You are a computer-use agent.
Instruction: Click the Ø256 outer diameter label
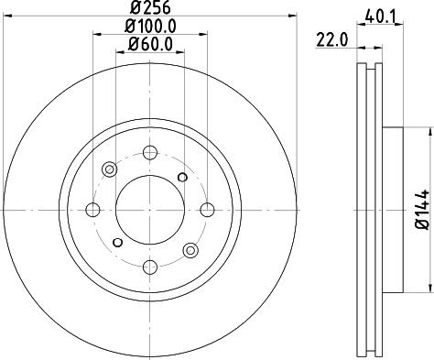(150, 9)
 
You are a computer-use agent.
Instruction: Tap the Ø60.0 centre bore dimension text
(150, 44)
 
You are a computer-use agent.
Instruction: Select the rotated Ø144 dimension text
(420, 209)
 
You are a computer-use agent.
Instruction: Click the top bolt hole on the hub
(150, 151)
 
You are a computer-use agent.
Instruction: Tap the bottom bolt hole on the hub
(150, 267)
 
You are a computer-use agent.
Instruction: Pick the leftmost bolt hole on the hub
(92, 209)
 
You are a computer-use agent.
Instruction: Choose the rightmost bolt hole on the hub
(207, 209)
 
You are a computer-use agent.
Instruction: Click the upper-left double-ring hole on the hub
(110, 169)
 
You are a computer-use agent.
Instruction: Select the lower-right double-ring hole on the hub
(190, 249)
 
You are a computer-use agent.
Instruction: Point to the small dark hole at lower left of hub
(116, 243)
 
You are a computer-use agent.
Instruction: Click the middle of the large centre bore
(150, 209)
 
